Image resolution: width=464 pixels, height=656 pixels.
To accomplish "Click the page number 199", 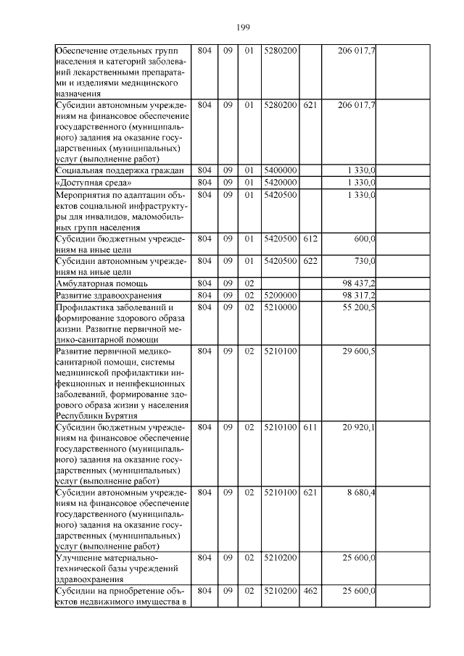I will [x=243, y=27].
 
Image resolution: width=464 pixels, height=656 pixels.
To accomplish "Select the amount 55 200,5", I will [x=357, y=307].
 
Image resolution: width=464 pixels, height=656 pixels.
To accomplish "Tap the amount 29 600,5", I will [x=357, y=352].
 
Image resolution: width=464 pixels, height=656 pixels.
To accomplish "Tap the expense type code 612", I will [x=310, y=238].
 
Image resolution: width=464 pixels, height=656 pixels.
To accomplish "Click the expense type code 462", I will [x=310, y=591].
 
